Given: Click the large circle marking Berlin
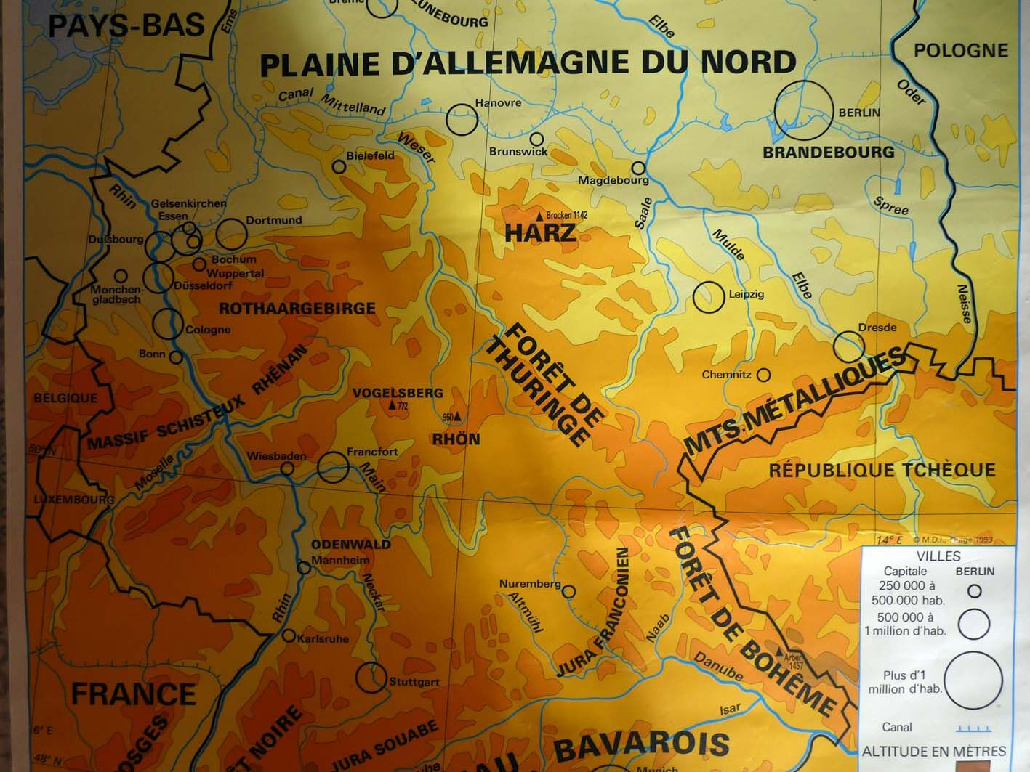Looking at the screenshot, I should [x=803, y=110].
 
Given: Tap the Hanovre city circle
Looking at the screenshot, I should [x=461, y=120].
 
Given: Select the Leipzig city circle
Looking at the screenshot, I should [x=708, y=297].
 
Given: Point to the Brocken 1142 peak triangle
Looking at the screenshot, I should [x=539, y=216].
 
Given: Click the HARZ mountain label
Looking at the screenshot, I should [x=540, y=233].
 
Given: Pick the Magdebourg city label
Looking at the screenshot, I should [x=613, y=180].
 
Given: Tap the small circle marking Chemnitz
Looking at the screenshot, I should [x=763, y=375].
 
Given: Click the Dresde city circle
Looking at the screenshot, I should [x=848, y=347].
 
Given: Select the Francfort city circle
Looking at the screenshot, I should [x=333, y=467].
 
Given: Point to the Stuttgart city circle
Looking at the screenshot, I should [x=371, y=677].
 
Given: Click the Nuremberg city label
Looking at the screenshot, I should [x=529, y=584].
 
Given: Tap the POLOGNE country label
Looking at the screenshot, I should [x=960, y=51].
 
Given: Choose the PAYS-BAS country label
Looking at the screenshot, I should [x=126, y=25].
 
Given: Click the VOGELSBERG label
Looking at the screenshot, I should [x=397, y=393].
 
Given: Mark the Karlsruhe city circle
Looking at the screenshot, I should [x=289, y=636].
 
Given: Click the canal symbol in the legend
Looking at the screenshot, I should [x=973, y=728].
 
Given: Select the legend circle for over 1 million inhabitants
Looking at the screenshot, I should [x=973, y=680].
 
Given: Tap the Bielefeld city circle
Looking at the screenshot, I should [x=339, y=167].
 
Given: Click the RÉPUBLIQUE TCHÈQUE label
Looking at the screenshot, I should [x=882, y=470].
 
